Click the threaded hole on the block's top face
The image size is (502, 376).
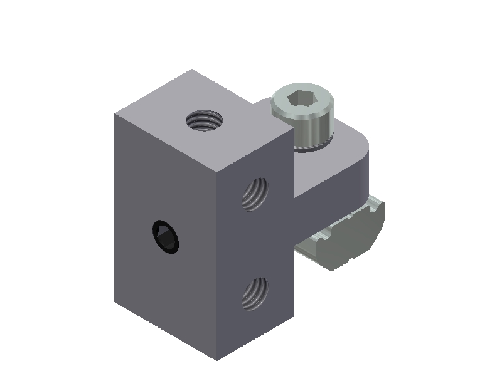[205, 119]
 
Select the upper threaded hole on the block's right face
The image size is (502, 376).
[255, 193]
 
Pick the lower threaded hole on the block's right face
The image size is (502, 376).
[255, 293]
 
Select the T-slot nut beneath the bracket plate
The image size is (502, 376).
[339, 241]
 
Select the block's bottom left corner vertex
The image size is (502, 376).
[115, 301]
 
